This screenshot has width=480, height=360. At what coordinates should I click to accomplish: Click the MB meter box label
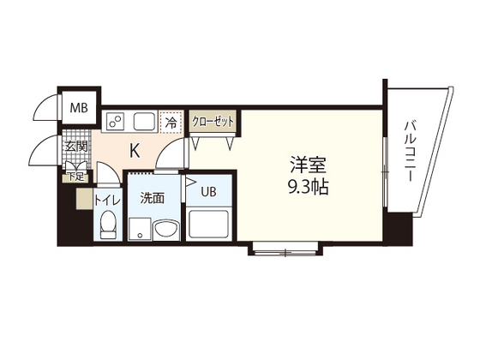pos(79,108)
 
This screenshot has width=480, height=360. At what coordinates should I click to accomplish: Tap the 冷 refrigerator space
pos(171,122)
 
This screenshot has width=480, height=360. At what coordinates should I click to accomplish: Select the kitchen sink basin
pos(144,121)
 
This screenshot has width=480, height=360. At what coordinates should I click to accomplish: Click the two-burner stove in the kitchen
pos(115,121)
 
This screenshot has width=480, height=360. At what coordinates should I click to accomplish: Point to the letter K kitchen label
pos(135,151)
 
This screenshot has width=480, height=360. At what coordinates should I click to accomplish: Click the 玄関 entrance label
pos(76,147)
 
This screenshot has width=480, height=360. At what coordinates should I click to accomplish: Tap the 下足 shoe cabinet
pos(75,177)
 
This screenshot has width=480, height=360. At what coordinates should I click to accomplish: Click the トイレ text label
pos(107,201)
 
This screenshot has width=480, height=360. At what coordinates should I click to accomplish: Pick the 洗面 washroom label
pos(153,198)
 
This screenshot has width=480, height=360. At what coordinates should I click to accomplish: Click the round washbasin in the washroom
pos(165,230)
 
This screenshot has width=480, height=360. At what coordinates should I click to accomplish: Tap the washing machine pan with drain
pos(140,229)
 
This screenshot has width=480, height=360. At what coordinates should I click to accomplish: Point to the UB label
pos(209,192)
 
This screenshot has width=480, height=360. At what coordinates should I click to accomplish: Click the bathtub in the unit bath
pos(209,223)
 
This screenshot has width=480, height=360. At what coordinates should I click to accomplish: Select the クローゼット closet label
pos(213,122)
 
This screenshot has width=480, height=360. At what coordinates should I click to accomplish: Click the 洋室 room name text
pos(309,165)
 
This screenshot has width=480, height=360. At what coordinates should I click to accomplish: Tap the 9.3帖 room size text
pos(309,187)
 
